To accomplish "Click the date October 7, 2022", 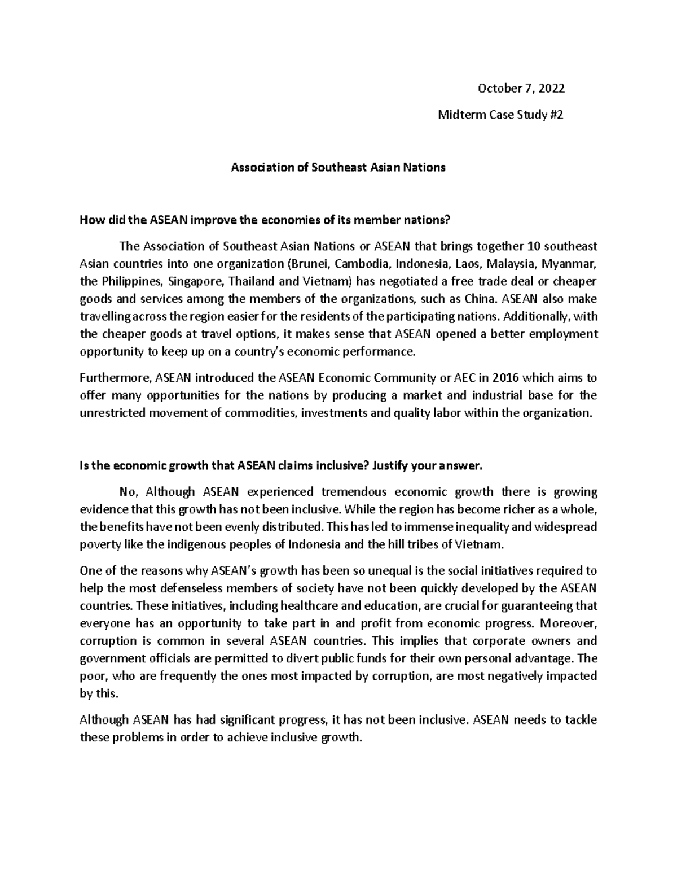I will [521, 89].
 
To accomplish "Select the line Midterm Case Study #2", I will [501, 115].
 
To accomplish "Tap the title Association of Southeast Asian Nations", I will [338, 168].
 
